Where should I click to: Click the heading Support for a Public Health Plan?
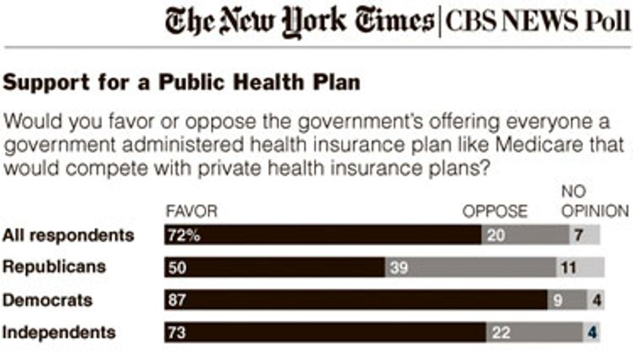pyautogui.click(x=182, y=83)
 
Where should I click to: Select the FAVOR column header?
pyautogui.click(x=191, y=211)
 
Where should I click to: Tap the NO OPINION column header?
pyautogui.click(x=594, y=202)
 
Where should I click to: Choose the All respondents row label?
pyautogui.click(x=68, y=235)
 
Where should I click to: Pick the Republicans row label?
pyautogui.click(x=54, y=266)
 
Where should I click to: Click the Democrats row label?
pyautogui.click(x=48, y=300)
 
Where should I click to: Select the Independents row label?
pyautogui.click(x=59, y=333)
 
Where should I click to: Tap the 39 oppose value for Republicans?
pyautogui.click(x=399, y=268)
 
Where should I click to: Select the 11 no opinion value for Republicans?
pyautogui.click(x=569, y=268)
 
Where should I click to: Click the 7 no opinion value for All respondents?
pyautogui.click(x=579, y=235)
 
